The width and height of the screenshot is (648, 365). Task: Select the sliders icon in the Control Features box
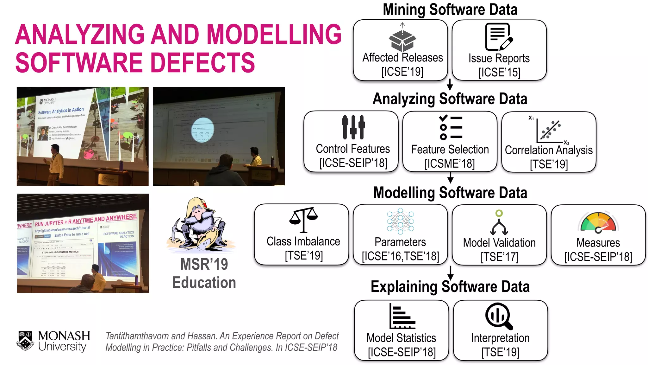[353, 127]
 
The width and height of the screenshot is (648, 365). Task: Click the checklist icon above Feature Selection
[451, 127]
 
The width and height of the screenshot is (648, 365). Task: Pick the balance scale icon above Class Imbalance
[303, 220]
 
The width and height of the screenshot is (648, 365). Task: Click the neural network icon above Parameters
[400, 221]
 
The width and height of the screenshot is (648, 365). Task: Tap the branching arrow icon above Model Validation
[499, 223]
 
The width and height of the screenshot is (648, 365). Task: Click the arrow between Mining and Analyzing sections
[450, 85]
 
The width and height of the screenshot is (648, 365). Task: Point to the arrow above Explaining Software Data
[451, 273]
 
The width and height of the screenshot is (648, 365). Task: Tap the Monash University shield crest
[25, 341]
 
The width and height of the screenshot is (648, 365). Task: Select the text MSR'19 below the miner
[204, 264]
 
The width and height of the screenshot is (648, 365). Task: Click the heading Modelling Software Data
[450, 193]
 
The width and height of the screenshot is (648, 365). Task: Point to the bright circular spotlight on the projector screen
[203, 130]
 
